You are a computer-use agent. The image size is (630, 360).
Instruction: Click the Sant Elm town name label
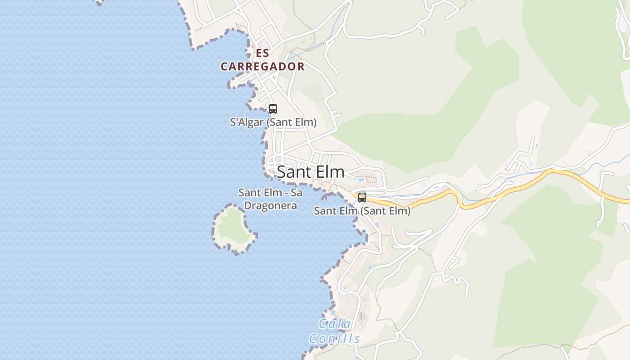[x=310, y=172]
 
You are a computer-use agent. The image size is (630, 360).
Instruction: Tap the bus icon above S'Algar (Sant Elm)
[x=273, y=108]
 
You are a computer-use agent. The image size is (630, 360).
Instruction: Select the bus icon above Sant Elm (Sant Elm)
[x=362, y=197]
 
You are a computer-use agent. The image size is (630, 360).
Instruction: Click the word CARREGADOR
[x=262, y=67]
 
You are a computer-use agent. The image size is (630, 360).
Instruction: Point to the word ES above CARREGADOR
[x=262, y=53]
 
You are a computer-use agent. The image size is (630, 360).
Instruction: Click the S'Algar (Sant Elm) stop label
[x=273, y=122]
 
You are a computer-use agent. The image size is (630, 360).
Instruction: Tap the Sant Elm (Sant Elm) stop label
[x=362, y=211]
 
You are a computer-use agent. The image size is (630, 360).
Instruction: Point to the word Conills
[x=334, y=339]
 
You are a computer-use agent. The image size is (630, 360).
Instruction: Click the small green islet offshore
[x=232, y=229]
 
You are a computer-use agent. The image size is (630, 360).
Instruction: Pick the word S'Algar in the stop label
[x=246, y=122]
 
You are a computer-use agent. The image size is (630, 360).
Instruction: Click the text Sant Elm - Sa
[x=270, y=193]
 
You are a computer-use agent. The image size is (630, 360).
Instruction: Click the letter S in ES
[x=266, y=53]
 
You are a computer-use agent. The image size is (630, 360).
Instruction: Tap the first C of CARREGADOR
[x=224, y=67]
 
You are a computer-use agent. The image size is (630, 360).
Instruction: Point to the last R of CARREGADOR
[x=301, y=67]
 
